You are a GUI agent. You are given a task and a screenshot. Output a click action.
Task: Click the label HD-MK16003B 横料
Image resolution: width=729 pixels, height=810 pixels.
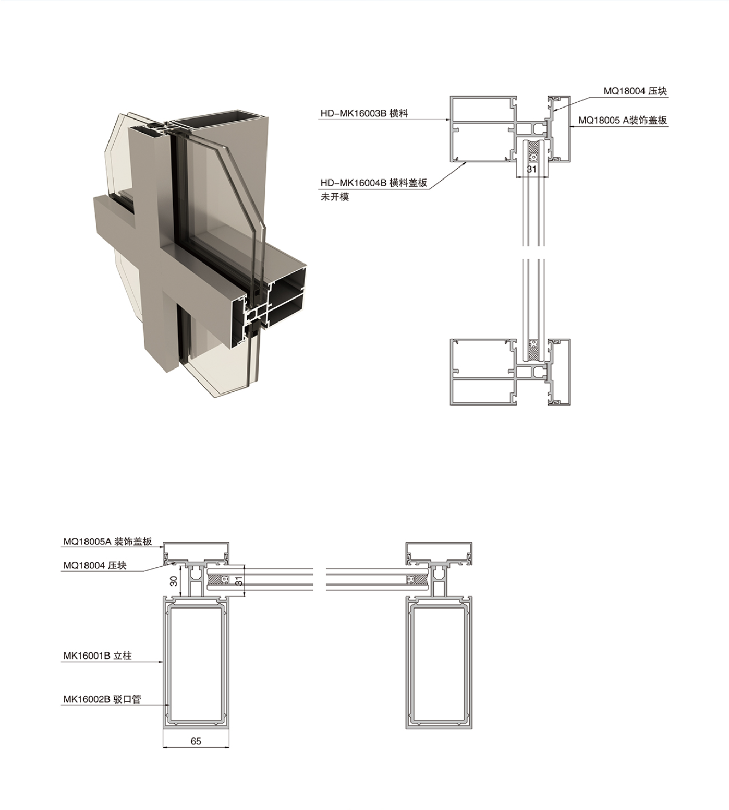(364, 113)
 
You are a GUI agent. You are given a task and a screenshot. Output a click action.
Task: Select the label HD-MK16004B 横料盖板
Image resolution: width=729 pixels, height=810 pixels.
(373, 183)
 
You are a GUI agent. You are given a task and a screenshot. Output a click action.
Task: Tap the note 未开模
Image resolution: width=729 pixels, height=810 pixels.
(334, 197)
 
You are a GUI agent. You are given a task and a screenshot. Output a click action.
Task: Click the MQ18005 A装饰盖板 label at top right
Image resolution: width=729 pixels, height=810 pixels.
(622, 120)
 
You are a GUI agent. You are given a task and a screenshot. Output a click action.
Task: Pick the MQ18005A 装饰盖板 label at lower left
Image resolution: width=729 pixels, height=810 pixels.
(107, 541)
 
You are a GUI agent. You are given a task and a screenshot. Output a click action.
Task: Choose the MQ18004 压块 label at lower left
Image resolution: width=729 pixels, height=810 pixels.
(94, 565)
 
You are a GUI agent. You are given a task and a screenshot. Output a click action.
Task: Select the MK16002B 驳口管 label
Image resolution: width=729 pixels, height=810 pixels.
(102, 699)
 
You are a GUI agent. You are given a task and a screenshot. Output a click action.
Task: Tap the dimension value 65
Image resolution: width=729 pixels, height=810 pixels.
(196, 741)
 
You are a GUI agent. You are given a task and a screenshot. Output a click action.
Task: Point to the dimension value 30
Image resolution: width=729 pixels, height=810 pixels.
(174, 581)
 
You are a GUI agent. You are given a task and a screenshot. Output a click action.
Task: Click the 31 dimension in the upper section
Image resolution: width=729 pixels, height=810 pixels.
(531, 169)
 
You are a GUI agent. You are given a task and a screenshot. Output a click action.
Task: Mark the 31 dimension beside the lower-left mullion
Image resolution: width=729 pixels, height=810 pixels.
(239, 581)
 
